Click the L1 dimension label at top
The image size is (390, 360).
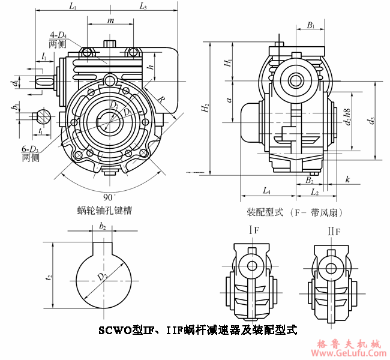[x=72, y=7]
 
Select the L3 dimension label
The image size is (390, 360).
[x=143, y=7]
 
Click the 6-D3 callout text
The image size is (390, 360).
[x=31, y=150]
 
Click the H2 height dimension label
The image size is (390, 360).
[x=205, y=109]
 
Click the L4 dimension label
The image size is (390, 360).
[x=266, y=191]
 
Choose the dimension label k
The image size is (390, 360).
[x=347, y=179]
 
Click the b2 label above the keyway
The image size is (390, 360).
[x=103, y=227]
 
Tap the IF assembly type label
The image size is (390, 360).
[x=254, y=230]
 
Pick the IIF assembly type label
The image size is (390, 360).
[x=334, y=230]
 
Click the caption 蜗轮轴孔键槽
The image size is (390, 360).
[x=105, y=211]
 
